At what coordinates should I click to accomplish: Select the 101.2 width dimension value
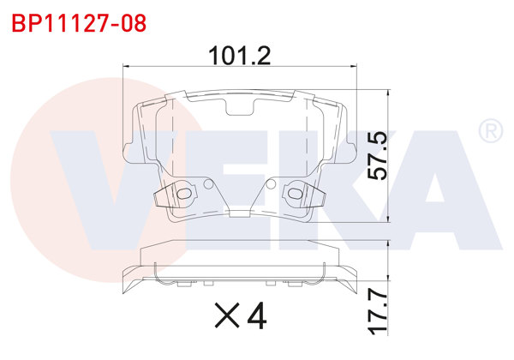240,56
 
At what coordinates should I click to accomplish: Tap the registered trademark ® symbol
489,131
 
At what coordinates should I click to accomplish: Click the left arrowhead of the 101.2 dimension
129,66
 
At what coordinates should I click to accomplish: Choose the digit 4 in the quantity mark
255,317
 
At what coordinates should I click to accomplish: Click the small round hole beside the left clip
206,183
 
